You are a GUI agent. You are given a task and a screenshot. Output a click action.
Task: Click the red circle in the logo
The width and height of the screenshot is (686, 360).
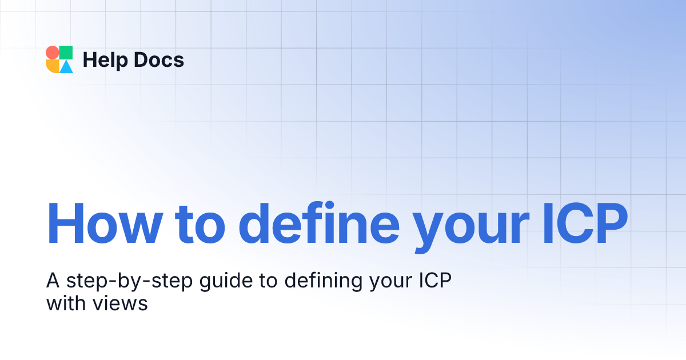(52, 53)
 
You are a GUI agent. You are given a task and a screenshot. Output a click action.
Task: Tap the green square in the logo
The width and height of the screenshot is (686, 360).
(66, 53)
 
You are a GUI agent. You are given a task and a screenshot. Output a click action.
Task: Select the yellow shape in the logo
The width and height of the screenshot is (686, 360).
(52, 66)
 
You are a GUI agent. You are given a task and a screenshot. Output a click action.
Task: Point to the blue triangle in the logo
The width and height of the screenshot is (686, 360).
(66, 67)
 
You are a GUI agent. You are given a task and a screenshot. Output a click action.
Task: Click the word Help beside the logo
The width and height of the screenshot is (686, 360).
(104, 59)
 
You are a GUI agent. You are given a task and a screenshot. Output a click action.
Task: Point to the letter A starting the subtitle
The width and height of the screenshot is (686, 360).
(54, 281)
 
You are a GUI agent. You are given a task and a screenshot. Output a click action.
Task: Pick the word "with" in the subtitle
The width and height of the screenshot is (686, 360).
(64, 303)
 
